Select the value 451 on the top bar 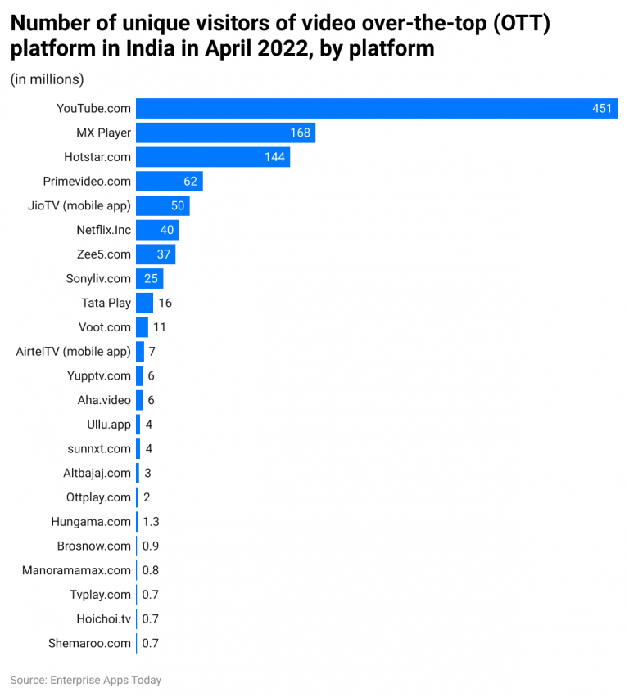pos(602,109)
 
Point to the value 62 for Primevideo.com pos(190,182)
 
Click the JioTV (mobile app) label pos(79,205)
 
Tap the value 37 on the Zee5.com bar pos(164,254)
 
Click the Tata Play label pos(106,303)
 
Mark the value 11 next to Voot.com pos(160,327)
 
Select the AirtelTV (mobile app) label pos(73,351)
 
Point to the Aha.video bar pos(139,400)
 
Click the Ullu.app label pos(108,425)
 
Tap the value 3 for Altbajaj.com pos(147,473)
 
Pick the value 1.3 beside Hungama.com pos(151,522)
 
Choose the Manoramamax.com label pos(76,570)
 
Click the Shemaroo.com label pos(89,643)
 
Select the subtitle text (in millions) pos(47,79)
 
